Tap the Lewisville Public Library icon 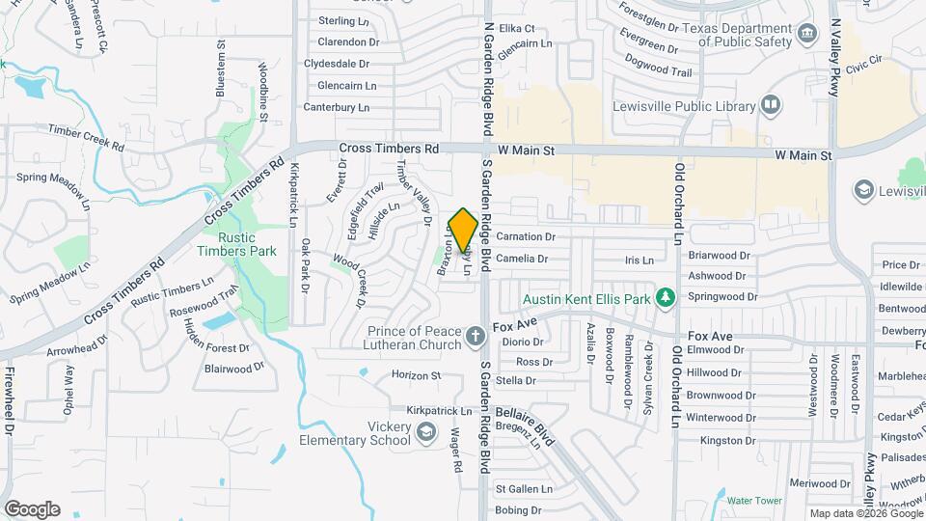coord(770,104)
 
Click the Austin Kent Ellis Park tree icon coord(665,299)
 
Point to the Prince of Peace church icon coord(474,337)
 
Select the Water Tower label coord(753,501)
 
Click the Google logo coord(32,509)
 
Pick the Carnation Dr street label coord(527,236)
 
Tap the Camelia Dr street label coord(522,259)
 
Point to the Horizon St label coord(416,375)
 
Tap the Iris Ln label coord(640,260)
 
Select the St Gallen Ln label coord(524,489)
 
